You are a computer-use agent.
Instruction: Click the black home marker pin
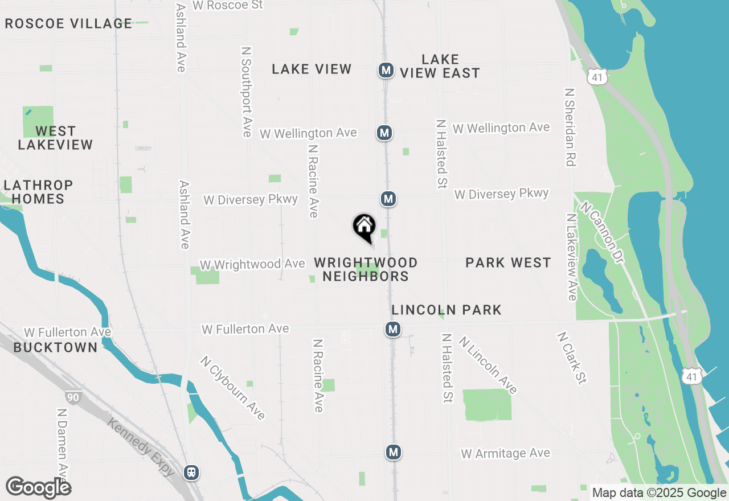pyautogui.click(x=364, y=227)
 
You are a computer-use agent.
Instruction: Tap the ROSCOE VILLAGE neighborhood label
pyautogui.click(x=68, y=24)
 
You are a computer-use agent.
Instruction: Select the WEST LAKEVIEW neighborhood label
pyautogui.click(x=55, y=138)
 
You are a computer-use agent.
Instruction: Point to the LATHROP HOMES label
pyautogui.click(x=39, y=192)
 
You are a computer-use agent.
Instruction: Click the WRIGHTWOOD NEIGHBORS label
pyautogui.click(x=366, y=269)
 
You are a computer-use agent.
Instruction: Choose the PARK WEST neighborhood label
pyautogui.click(x=508, y=262)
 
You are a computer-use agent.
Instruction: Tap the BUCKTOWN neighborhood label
pyautogui.click(x=55, y=347)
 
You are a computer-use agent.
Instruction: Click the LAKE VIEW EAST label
pyautogui.click(x=440, y=66)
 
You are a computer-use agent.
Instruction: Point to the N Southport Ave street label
pyautogui.click(x=247, y=92)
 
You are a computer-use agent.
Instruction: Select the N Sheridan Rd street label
pyautogui.click(x=569, y=127)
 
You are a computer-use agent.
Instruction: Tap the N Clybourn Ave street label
pyautogui.click(x=232, y=388)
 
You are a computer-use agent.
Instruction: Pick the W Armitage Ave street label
pyautogui.click(x=506, y=453)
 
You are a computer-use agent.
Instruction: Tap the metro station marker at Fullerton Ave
pyautogui.click(x=392, y=329)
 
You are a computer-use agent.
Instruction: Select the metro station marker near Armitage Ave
pyautogui.click(x=393, y=452)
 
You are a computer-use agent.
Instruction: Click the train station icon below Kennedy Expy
pyautogui.click(x=191, y=472)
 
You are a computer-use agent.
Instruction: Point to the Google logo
pyautogui.click(x=38, y=487)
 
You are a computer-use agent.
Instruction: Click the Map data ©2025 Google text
pyautogui.click(x=658, y=493)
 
